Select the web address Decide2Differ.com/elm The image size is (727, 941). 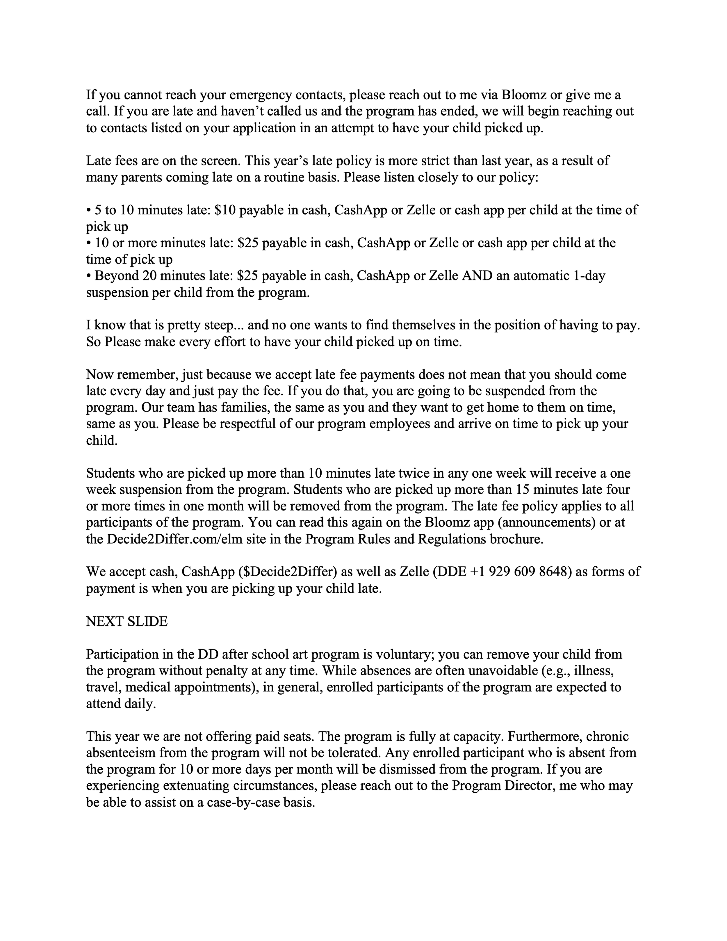(x=168, y=539)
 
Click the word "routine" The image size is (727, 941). (x=284, y=177)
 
